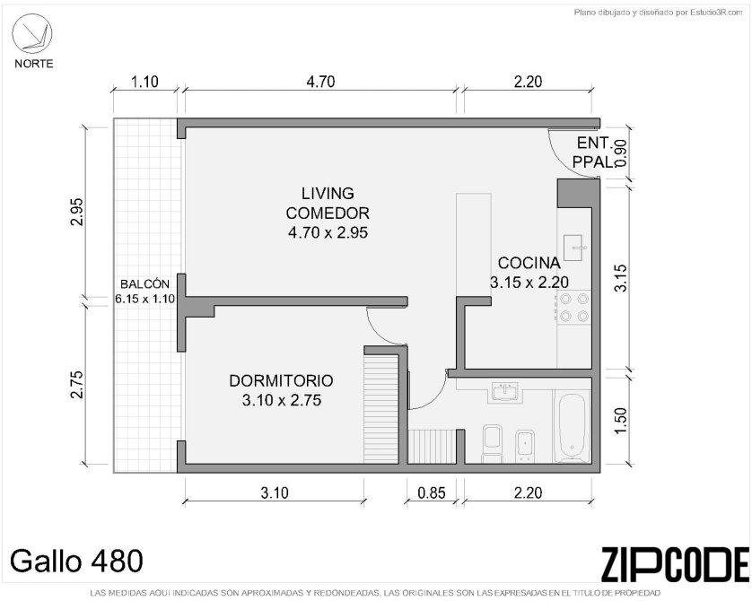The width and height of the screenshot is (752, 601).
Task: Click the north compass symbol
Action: pos(32,34)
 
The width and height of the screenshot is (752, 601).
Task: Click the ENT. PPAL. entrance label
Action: pos(593,152)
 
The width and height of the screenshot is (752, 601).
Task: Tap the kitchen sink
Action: pos(573,248)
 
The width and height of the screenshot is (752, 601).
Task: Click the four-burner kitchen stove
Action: pos(574,307)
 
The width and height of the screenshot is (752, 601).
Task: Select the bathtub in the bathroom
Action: pos(572,425)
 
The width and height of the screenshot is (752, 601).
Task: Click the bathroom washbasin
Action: pos(505,392)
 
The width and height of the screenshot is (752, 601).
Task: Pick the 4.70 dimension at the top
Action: pos(320,82)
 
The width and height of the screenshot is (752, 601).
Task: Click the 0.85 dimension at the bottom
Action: pos(431,492)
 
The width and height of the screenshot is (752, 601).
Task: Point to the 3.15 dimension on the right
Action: pos(621,278)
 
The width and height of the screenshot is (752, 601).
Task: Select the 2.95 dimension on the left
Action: pos(78,212)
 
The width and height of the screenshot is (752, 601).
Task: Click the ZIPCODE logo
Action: pos(674,563)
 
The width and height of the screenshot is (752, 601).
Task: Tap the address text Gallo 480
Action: pos(77,561)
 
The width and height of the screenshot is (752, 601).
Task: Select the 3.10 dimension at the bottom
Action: pos(275,492)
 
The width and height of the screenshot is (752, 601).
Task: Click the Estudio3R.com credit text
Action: pos(658,13)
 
